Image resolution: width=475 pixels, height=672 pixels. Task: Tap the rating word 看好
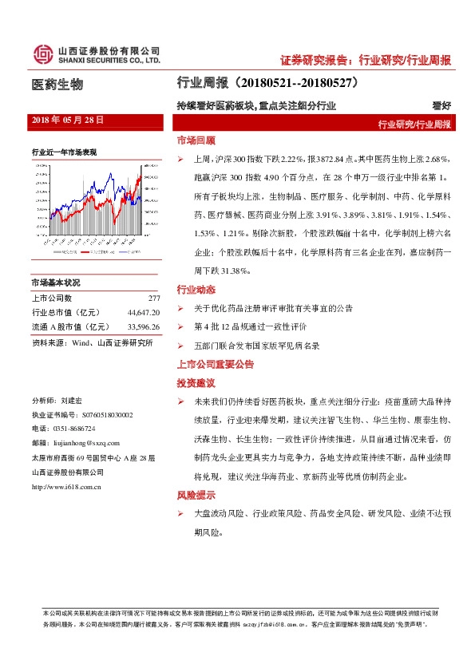(441, 105)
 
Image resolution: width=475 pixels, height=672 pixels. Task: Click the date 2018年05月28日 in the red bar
(69, 120)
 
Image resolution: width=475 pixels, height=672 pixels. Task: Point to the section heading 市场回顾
(196, 140)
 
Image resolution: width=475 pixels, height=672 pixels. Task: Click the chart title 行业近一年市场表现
(64, 152)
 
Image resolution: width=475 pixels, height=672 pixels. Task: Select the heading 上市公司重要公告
(216, 363)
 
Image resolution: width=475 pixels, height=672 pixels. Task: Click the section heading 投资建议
(196, 383)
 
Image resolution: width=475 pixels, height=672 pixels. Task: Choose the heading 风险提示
(196, 495)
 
